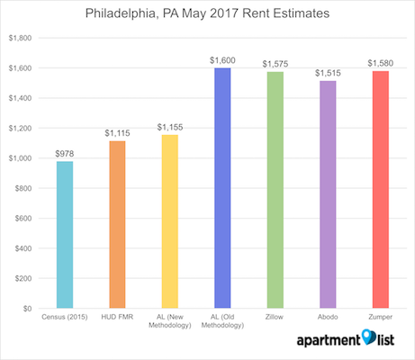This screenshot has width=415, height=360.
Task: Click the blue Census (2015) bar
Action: (x=65, y=235)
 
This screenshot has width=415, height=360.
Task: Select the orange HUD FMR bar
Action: (x=117, y=224)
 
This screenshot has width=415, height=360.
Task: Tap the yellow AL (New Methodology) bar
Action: (x=170, y=221)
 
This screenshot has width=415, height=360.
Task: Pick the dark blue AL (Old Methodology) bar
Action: (x=222, y=188)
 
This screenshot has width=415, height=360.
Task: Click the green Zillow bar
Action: (x=275, y=190)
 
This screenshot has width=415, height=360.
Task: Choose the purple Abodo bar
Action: (x=328, y=194)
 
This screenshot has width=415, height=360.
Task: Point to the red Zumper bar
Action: (x=381, y=190)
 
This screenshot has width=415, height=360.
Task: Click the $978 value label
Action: (x=65, y=154)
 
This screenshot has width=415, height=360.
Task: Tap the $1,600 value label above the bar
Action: (x=222, y=60)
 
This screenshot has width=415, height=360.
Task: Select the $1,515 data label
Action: (x=328, y=73)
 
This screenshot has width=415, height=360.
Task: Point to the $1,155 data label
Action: (x=170, y=127)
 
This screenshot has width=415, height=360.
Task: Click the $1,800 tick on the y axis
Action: (x=20, y=38)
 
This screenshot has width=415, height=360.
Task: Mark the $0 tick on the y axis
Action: (x=27, y=309)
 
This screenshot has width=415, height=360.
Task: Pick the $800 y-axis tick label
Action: (x=23, y=188)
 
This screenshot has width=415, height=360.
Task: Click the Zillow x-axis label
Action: (x=275, y=317)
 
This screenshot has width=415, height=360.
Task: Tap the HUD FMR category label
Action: (x=117, y=317)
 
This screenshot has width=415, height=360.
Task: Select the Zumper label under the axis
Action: (x=381, y=317)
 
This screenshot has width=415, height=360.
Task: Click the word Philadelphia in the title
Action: (x=121, y=13)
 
